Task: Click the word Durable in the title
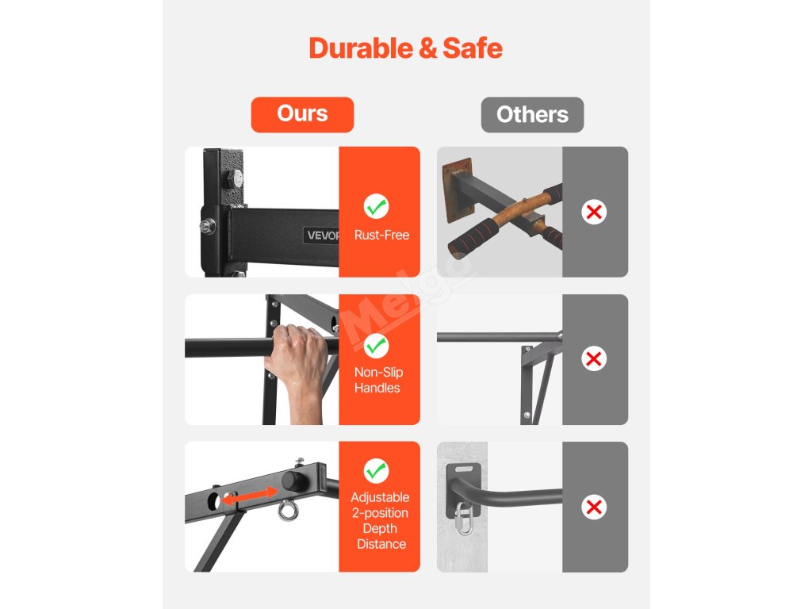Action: coord(361,48)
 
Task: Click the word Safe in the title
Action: coord(473,48)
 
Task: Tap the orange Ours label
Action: coord(302,114)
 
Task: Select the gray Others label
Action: coord(532,114)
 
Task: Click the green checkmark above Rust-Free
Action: coord(376,207)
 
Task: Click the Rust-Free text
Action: coord(381,235)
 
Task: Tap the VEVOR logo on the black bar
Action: coord(322,235)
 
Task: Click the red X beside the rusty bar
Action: coord(594,212)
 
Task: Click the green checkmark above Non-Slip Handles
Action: coord(376,346)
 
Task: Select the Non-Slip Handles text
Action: coord(378,380)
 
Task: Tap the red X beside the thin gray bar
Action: coord(594,359)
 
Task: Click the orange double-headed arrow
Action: coord(250,496)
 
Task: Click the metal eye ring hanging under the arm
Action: coord(288,511)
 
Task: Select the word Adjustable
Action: coord(380,498)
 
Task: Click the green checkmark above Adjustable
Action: coord(376,471)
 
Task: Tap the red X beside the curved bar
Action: coord(594,507)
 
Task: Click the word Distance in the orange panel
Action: coord(381,544)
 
